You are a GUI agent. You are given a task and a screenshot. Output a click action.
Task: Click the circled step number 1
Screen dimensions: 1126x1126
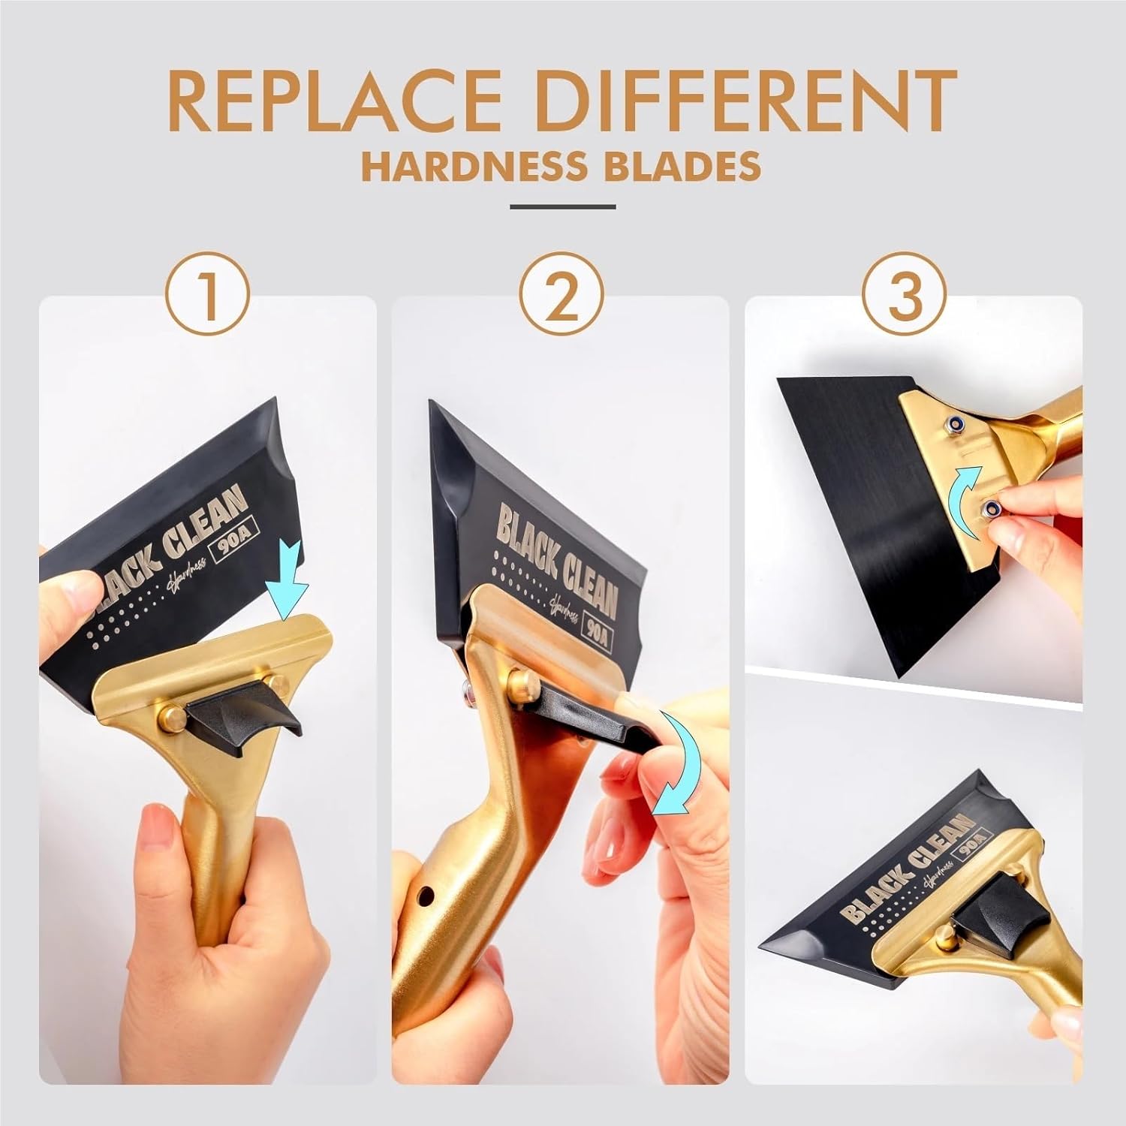(208, 295)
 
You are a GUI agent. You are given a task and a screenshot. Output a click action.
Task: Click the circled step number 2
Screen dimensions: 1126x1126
(561, 295)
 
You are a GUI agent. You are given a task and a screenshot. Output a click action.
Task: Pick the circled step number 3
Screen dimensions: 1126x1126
(905, 295)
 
